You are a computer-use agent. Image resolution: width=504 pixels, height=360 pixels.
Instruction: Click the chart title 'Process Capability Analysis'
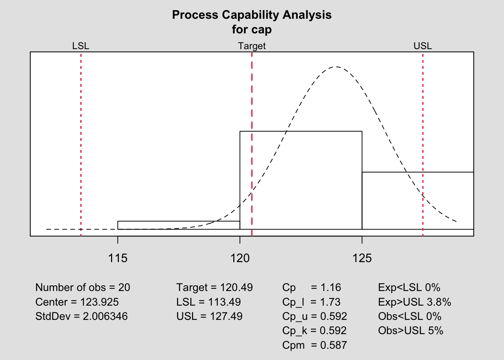[x=252, y=15]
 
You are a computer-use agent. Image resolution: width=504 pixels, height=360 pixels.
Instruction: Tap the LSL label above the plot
[x=81, y=46]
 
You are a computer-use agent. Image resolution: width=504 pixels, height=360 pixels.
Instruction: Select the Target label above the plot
[x=252, y=46]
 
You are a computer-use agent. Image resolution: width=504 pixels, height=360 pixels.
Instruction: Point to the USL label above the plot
[x=423, y=46]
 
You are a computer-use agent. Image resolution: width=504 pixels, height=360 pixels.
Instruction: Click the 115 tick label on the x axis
[x=118, y=258]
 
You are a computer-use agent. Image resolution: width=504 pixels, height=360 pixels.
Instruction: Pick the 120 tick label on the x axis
[x=240, y=258]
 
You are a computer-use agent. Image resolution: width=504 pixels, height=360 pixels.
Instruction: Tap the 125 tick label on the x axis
[x=362, y=258]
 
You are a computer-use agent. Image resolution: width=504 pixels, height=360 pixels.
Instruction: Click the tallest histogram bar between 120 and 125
[x=301, y=180]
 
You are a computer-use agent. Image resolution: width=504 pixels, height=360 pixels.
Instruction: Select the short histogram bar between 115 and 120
[x=178, y=225]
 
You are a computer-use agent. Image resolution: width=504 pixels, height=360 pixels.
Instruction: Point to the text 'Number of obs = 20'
[x=82, y=288]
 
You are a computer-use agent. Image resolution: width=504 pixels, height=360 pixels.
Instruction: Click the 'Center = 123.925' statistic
[x=77, y=302]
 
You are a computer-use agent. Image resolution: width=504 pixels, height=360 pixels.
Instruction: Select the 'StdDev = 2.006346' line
[x=81, y=316]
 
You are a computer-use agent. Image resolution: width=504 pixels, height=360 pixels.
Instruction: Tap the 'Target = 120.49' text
[x=214, y=288]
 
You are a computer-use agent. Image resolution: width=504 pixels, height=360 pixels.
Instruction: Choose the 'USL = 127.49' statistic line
[x=209, y=316]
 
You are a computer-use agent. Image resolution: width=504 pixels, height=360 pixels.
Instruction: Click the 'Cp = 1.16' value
[x=312, y=288]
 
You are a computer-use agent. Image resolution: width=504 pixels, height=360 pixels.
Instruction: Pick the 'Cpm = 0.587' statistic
[x=315, y=345]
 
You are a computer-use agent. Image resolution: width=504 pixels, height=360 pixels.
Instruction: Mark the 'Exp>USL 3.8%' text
[x=414, y=302]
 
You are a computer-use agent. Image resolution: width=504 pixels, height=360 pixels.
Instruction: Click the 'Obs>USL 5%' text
[x=411, y=331]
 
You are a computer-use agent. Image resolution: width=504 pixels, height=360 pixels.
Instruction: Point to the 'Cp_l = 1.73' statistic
[x=312, y=302]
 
